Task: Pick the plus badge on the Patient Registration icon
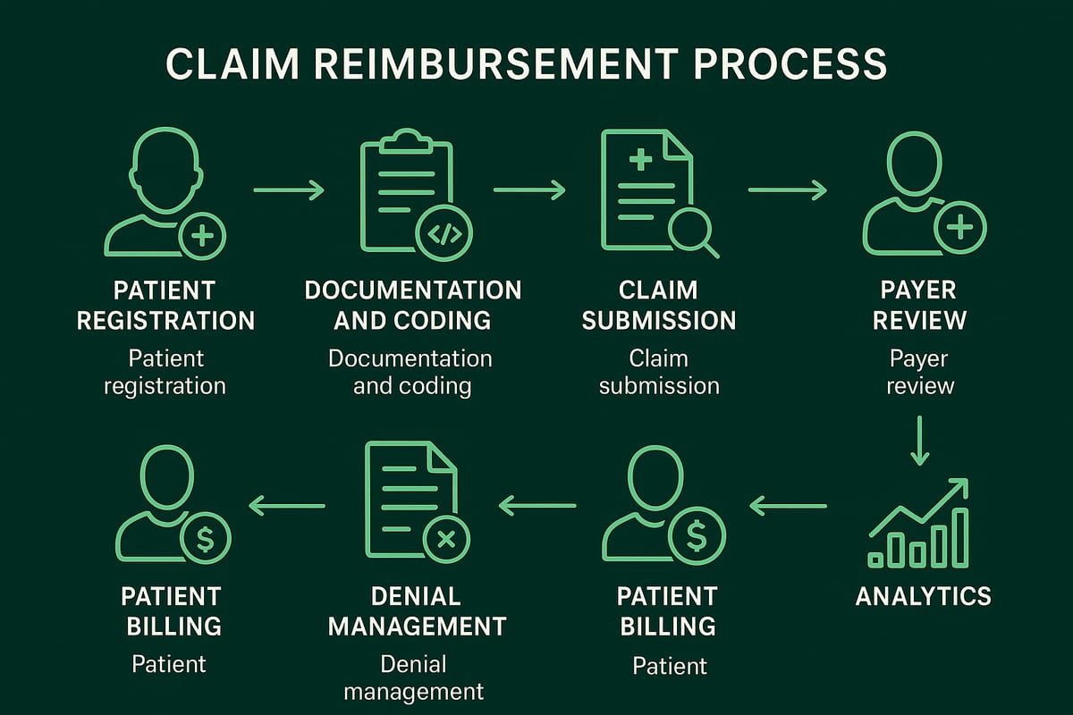click(202, 236)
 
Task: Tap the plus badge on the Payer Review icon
click(960, 228)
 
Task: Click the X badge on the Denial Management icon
click(446, 539)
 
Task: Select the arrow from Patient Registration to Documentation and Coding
click(288, 189)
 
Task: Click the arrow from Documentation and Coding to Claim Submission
click(529, 189)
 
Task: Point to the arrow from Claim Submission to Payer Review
click(787, 189)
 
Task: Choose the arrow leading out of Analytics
click(788, 507)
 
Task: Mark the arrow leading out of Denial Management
click(286, 507)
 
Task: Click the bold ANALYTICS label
click(923, 596)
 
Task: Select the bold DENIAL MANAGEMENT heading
click(417, 610)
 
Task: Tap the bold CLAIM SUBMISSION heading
click(659, 305)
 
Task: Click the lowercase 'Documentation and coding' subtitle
click(410, 372)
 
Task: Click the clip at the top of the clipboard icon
click(406, 139)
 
